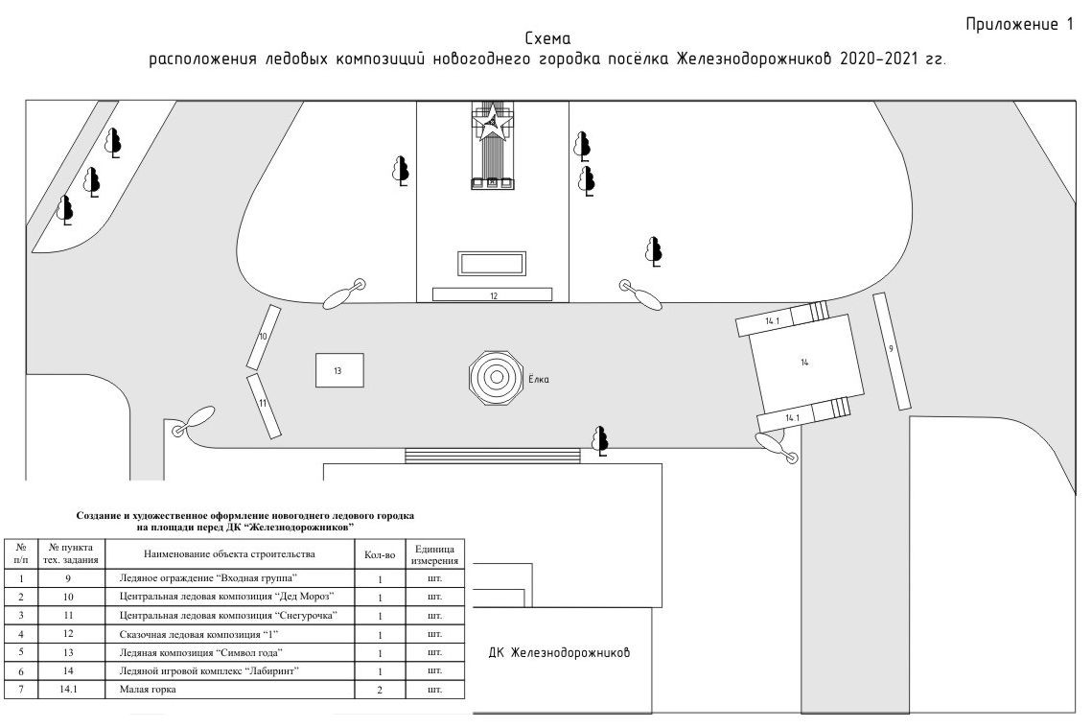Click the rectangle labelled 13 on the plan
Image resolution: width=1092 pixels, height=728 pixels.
tap(339, 369)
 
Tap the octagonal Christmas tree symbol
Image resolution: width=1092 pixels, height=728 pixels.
tap(497, 377)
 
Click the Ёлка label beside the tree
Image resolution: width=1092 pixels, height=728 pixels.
tap(539, 379)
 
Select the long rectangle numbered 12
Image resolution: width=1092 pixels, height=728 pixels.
tap(493, 294)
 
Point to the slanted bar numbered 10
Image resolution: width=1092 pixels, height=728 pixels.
tap(263, 337)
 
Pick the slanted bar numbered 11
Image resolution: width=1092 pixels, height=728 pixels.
tap(263, 405)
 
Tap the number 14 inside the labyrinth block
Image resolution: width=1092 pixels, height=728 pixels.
tap(805, 363)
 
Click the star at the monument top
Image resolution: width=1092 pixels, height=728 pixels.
tap(492, 120)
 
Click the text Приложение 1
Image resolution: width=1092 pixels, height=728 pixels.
tap(1019, 25)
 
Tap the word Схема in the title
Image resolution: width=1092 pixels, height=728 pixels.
tap(547, 39)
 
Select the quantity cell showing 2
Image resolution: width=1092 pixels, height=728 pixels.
tap(381, 689)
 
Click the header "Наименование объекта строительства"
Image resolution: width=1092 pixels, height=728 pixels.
tap(229, 554)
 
